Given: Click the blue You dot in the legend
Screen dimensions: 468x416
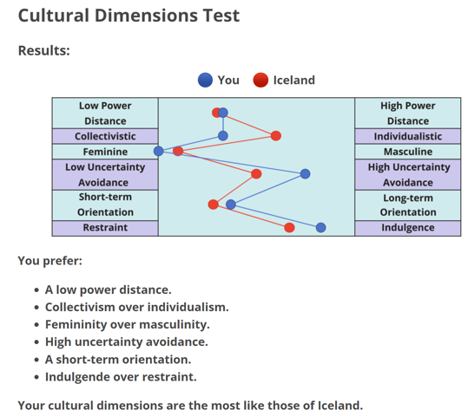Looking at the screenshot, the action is (205, 80).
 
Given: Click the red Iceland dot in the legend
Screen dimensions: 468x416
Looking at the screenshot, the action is (260, 80).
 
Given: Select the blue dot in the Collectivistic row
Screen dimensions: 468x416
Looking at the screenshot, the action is (223, 136).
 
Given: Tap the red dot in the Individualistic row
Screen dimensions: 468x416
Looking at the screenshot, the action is (276, 136).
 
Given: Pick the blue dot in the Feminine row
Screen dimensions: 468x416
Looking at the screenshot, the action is (159, 151).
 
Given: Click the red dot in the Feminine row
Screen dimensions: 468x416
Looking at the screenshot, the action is (178, 151).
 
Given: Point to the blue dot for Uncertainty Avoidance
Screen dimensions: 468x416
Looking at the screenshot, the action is (305, 173).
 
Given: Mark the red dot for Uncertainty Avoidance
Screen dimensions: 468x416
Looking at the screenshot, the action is (256, 173).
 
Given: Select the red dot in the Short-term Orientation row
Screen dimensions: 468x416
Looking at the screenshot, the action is (213, 205).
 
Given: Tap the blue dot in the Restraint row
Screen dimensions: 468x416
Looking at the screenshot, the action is (321, 228).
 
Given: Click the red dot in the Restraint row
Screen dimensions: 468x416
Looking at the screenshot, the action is (289, 228).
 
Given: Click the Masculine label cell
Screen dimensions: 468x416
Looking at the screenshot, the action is (408, 152).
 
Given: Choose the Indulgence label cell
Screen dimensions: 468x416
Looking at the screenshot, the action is (408, 228).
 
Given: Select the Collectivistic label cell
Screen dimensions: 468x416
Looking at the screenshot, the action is (105, 136).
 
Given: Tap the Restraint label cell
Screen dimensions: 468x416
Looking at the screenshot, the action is (105, 228).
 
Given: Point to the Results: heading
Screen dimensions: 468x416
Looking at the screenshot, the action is (44, 50).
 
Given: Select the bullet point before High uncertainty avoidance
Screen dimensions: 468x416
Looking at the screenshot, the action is (36, 342).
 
